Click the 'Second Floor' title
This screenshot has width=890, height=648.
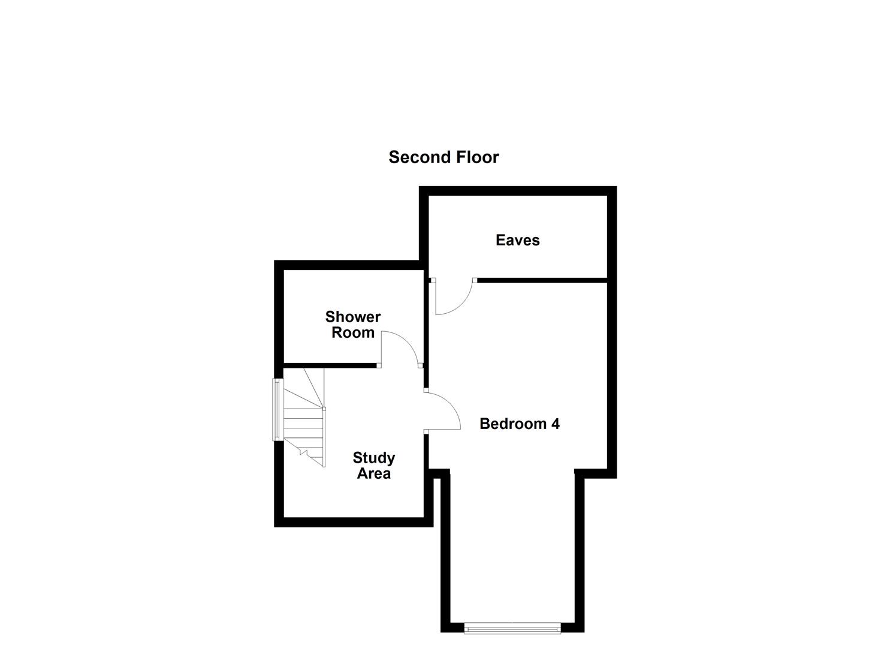444,157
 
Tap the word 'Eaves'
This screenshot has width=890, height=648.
517,240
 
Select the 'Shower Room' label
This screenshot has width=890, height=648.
353,325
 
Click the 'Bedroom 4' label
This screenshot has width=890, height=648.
520,424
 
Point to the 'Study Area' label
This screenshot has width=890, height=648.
373,466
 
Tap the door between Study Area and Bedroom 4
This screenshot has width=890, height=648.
444,411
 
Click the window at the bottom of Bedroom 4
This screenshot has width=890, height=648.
512,628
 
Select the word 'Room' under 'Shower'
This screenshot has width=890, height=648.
353,332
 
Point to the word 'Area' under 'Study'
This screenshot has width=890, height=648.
373,473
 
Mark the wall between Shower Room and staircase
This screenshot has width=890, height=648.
330,365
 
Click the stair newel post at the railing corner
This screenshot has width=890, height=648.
324,409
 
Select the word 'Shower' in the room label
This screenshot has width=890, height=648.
353,317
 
